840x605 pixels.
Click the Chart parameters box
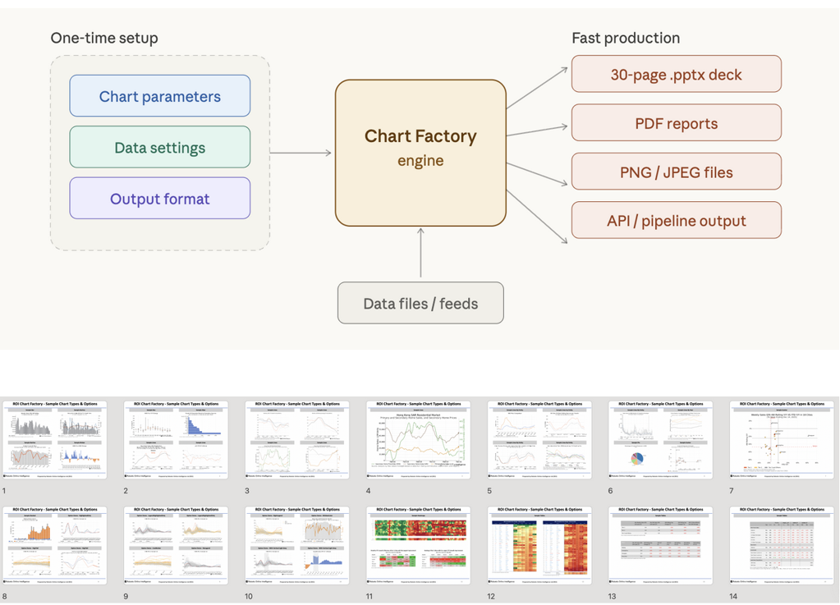click(159, 96)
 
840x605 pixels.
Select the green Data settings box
click(159, 148)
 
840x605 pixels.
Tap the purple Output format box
click(159, 199)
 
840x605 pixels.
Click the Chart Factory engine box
click(420, 153)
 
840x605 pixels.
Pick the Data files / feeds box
click(420, 304)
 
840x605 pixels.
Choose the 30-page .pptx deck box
click(676, 75)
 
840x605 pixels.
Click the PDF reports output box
click(676, 124)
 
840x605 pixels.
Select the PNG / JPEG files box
click(676, 172)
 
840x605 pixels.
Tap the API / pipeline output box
click(676, 221)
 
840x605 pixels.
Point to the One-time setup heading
click(104, 38)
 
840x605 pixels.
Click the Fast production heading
click(626, 38)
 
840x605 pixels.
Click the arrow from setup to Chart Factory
click(301, 153)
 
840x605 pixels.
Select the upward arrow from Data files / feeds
click(420, 254)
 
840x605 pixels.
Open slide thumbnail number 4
click(419, 440)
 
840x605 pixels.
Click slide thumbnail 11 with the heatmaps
click(419, 545)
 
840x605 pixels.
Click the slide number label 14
click(733, 596)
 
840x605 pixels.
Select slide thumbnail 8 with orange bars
click(55, 545)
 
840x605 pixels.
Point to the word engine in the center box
click(420, 161)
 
